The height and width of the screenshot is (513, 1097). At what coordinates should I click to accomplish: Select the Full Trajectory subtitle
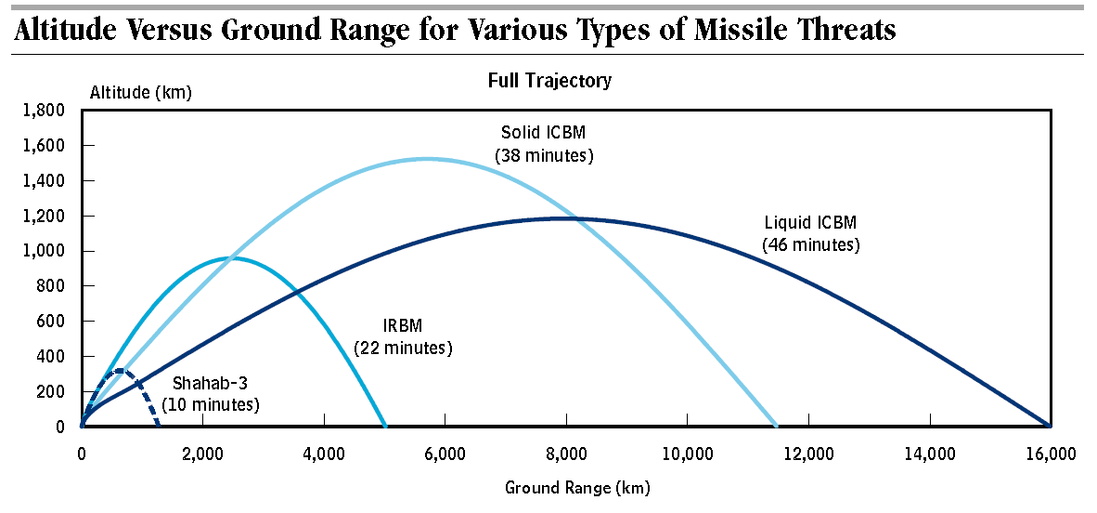click(549, 81)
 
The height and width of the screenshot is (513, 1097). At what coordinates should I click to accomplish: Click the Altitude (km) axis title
click(140, 92)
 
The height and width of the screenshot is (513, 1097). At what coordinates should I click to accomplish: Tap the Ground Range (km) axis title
click(577, 487)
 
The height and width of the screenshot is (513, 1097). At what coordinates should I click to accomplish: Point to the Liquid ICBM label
click(810, 223)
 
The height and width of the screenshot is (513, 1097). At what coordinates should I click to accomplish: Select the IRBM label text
click(402, 327)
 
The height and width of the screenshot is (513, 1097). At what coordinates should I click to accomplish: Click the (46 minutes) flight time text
click(810, 245)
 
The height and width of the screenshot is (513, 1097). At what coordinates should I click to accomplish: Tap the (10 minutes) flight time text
click(210, 405)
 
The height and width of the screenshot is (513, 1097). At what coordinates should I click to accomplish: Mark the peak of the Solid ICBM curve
click(427, 158)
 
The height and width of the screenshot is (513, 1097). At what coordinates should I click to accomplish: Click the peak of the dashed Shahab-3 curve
click(118, 371)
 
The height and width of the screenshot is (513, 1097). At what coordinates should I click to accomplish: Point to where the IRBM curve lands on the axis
click(384, 427)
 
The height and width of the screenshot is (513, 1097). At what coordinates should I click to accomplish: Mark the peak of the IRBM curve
click(232, 257)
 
